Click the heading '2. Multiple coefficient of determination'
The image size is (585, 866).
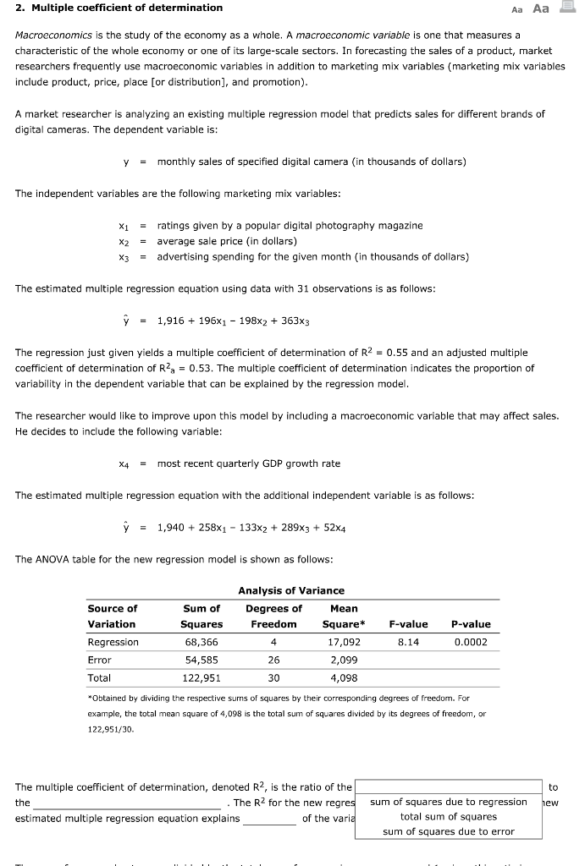coord(119,8)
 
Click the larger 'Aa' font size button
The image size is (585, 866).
coord(540,8)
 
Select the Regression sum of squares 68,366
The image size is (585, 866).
coord(201,642)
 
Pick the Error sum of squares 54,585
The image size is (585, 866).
coord(201,660)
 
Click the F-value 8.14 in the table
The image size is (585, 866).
coord(408,642)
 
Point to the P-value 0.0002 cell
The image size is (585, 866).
coord(471,642)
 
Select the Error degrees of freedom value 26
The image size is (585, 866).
coord(273,660)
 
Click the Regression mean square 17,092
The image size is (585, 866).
coord(344,642)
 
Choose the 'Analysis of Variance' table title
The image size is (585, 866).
coord(291,590)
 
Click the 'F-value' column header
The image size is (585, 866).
coord(408,624)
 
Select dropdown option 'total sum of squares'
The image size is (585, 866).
coord(448,817)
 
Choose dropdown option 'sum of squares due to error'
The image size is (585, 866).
coord(448,832)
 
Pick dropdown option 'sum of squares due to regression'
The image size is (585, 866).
coord(448,802)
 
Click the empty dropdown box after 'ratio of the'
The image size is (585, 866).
coord(448,787)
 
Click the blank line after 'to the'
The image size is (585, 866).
coord(127,803)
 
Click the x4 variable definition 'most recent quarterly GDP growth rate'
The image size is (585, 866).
coord(249,463)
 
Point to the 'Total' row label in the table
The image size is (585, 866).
coord(100,677)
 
